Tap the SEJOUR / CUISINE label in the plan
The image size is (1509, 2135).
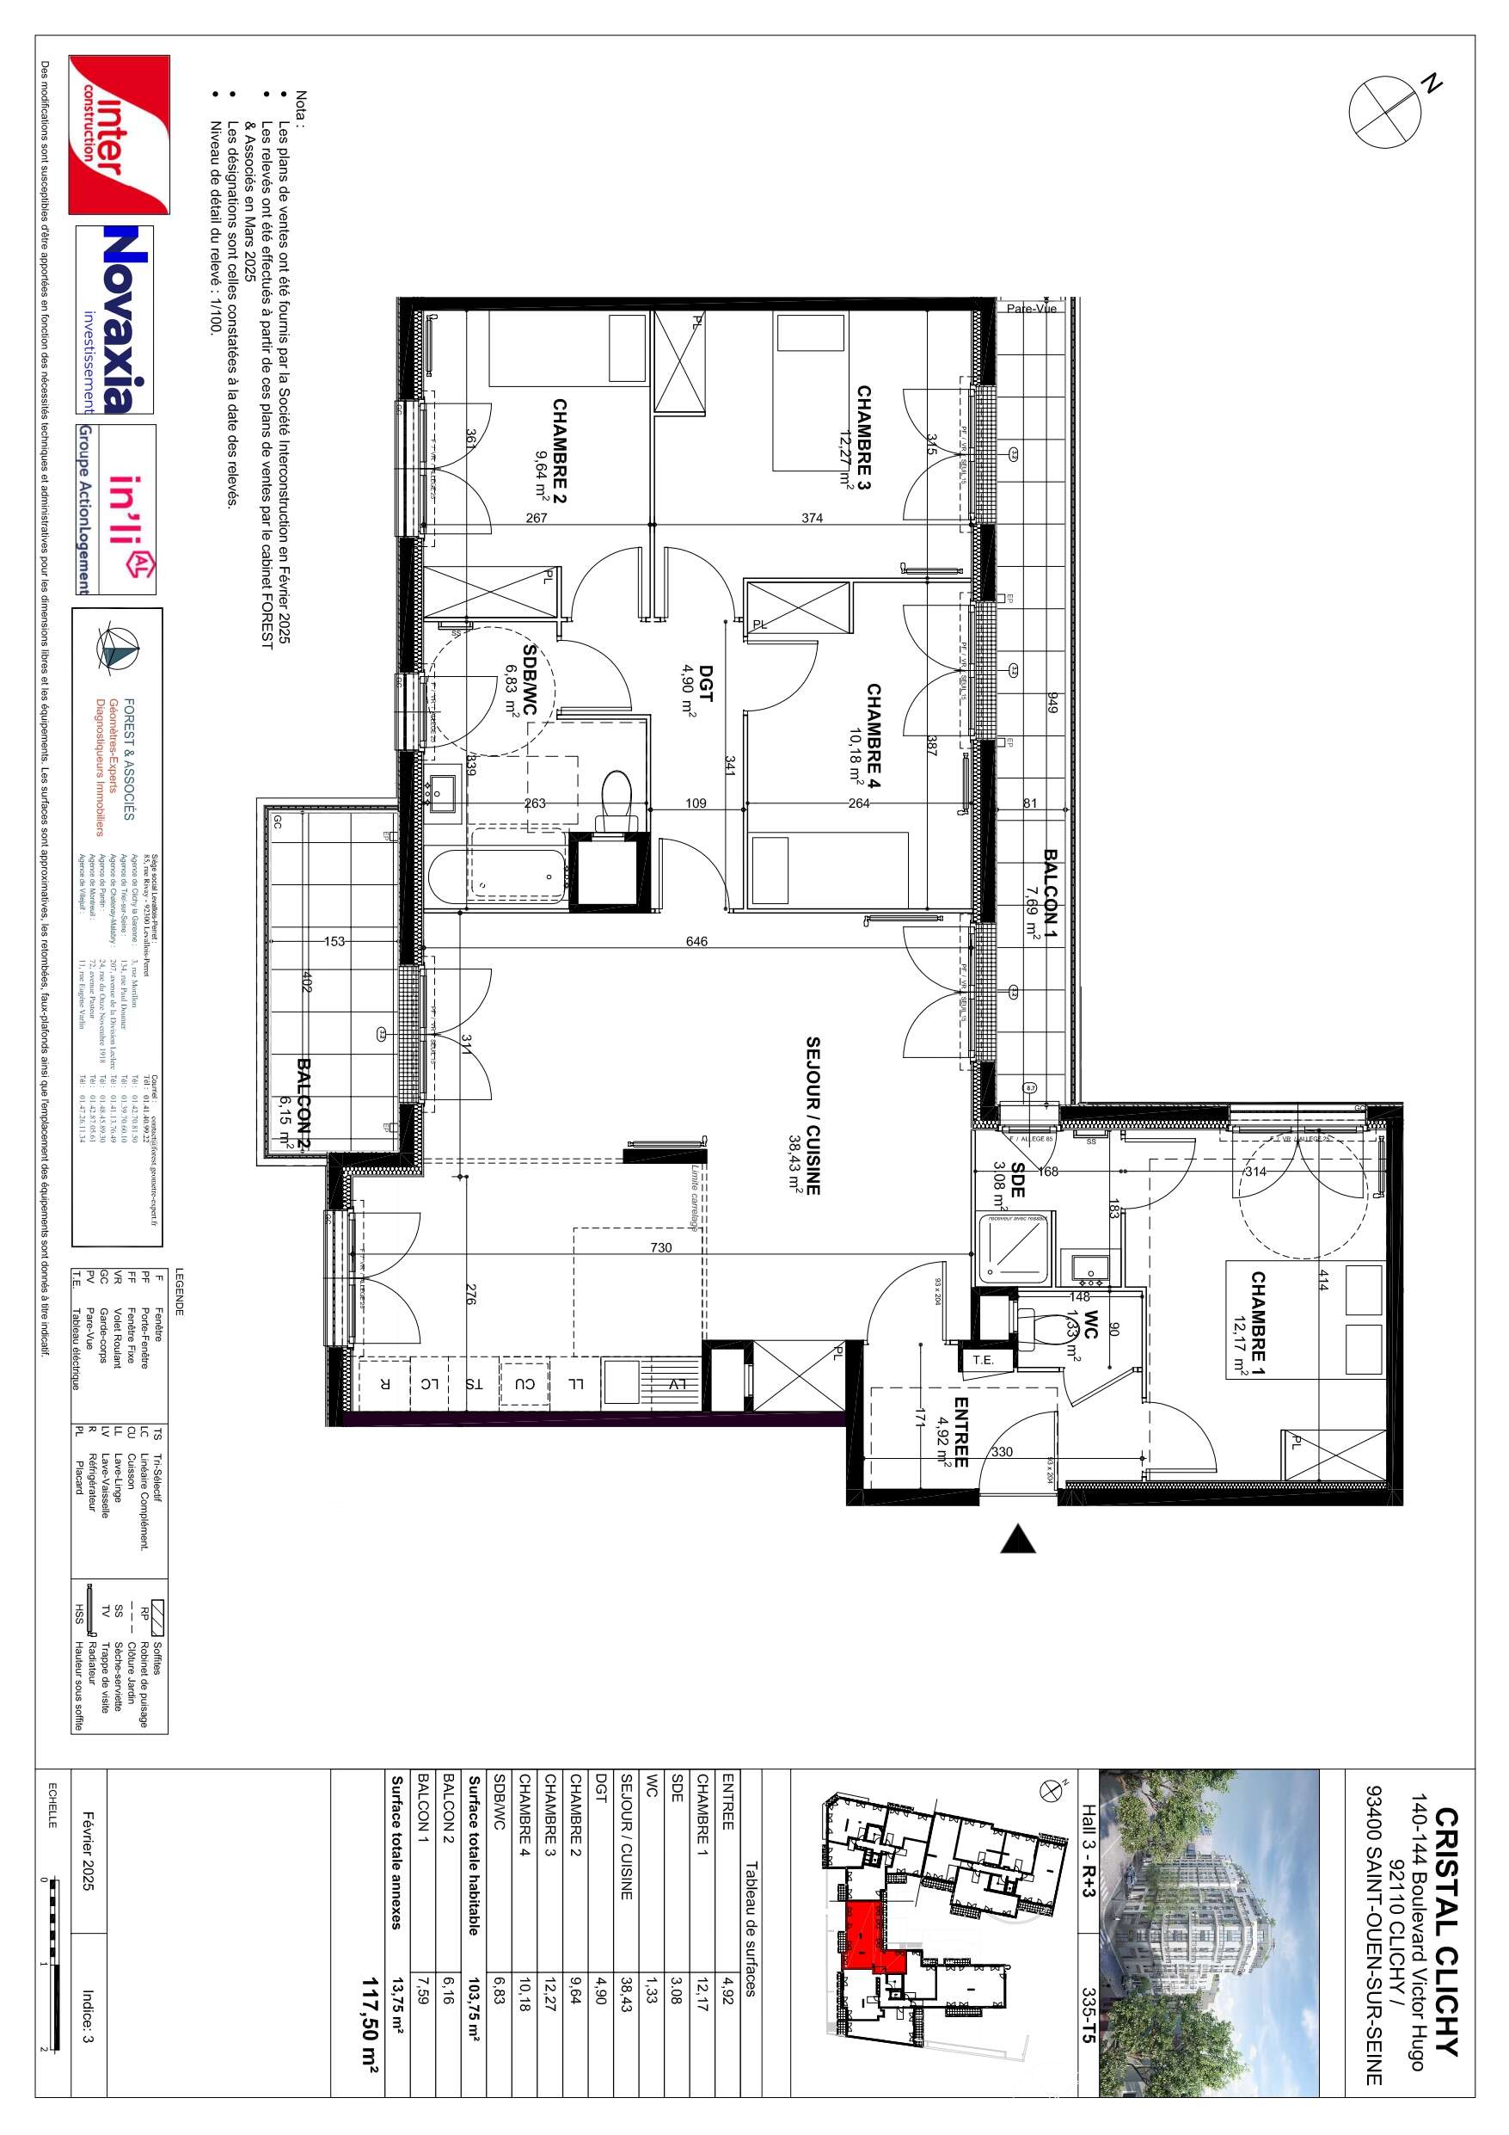tap(813, 1116)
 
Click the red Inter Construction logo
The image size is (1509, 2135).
tap(119, 134)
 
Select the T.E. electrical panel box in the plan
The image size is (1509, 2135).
tap(983, 1359)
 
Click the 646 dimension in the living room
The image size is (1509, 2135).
tap(696, 941)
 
